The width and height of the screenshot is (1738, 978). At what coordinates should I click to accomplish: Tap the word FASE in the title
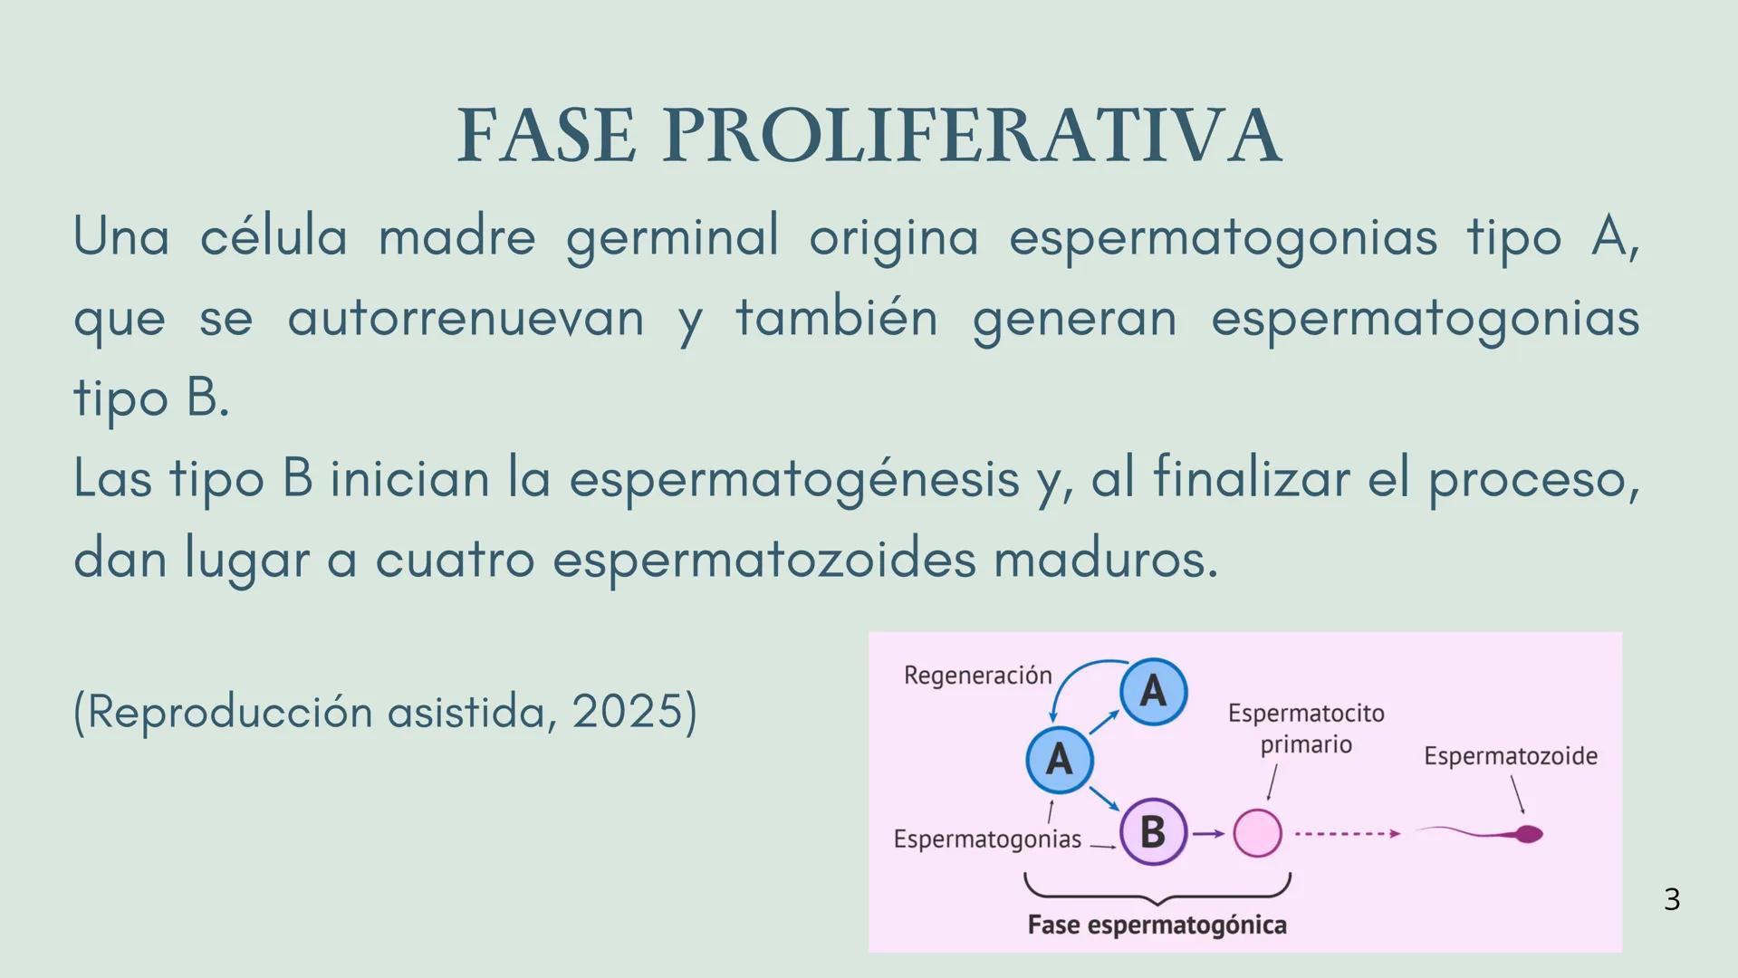point(546,136)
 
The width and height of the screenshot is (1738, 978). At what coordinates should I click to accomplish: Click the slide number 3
point(1672,899)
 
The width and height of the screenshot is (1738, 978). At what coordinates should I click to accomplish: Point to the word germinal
point(672,237)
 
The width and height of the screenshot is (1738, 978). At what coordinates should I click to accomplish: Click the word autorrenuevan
point(466,318)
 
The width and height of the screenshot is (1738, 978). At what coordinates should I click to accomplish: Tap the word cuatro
point(455,559)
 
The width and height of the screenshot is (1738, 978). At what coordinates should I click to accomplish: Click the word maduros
point(1106,559)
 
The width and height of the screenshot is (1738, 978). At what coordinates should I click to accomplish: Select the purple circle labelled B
point(1153,831)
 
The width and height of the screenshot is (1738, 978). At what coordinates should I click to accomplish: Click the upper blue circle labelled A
point(1153,692)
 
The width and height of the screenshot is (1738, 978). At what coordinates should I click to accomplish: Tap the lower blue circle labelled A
point(1059,760)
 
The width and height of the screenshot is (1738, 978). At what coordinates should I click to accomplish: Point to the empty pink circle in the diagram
point(1258,833)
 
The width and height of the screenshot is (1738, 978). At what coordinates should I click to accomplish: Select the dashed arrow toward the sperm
point(1347,833)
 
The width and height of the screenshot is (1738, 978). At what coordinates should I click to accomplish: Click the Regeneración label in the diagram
point(977,676)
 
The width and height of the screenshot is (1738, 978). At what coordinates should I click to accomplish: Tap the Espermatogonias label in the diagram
point(987,839)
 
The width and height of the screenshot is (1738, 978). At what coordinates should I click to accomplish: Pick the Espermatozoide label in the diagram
point(1510,756)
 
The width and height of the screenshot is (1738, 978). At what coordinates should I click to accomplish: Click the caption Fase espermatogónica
point(1157,925)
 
